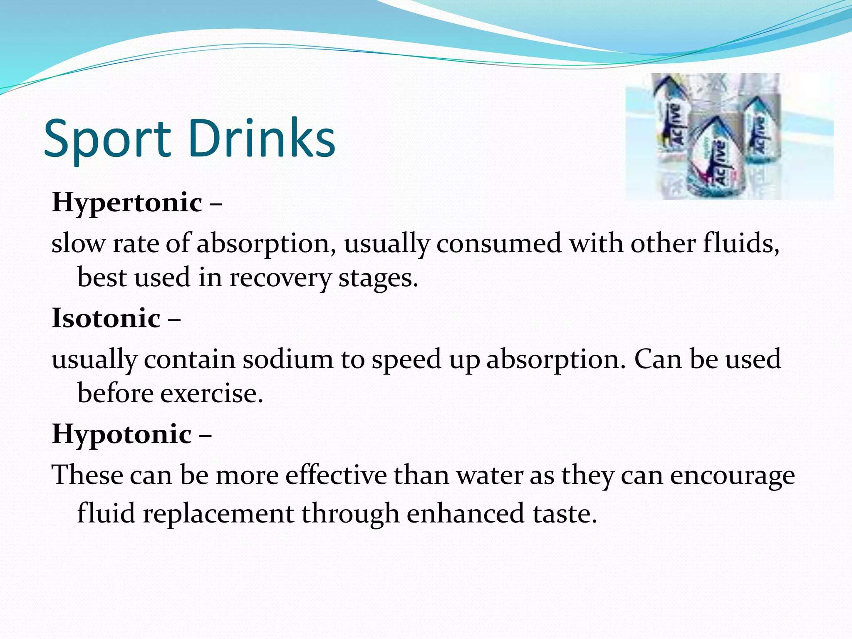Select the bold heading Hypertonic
tap(127, 203)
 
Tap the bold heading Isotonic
tap(106, 318)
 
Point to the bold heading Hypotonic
tap(122, 434)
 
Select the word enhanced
tap(466, 513)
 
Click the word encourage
tap(732, 476)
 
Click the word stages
tap(378, 278)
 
